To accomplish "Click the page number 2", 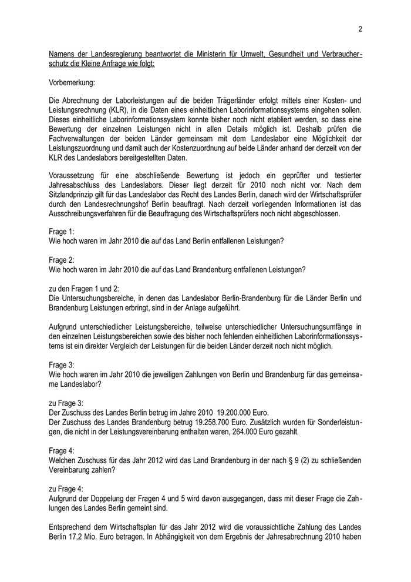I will point(359,29).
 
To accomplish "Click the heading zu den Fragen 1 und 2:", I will point(84,289).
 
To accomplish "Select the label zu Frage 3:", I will point(66,403).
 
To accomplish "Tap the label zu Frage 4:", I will point(66,489).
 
